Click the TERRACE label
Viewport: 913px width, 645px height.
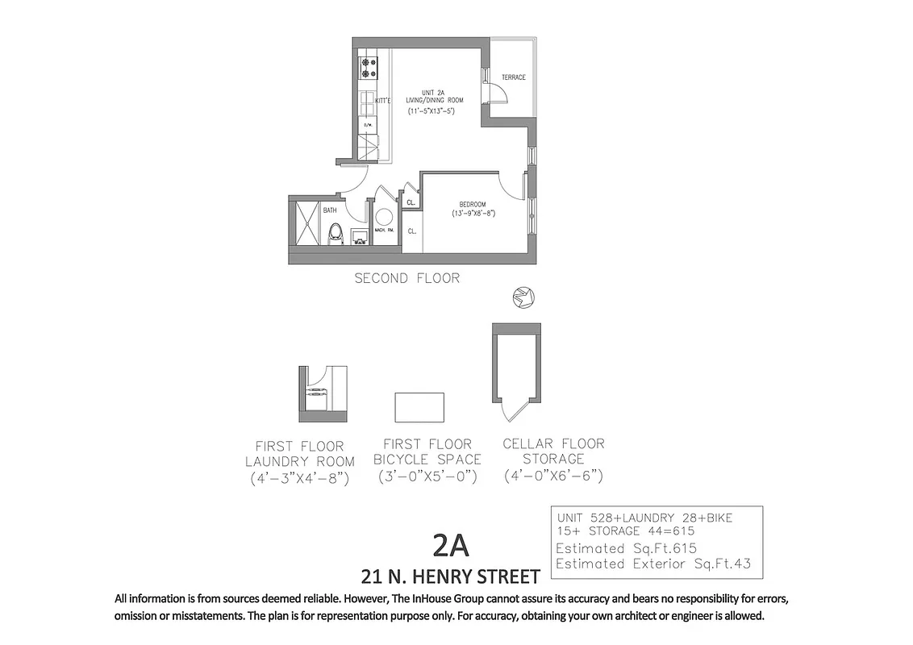pyautogui.click(x=513, y=77)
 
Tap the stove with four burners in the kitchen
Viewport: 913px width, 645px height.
pyautogui.click(x=369, y=68)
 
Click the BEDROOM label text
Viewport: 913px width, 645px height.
pyautogui.click(x=470, y=203)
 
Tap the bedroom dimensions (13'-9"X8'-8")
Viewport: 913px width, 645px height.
pyautogui.click(x=473, y=214)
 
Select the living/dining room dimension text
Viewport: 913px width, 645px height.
pyautogui.click(x=431, y=110)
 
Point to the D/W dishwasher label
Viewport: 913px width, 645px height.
pyautogui.click(x=368, y=125)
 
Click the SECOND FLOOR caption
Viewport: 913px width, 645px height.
pyautogui.click(x=407, y=278)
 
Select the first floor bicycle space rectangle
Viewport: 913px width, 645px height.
pyautogui.click(x=419, y=407)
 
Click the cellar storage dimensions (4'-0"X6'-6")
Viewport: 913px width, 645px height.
pyautogui.click(x=553, y=476)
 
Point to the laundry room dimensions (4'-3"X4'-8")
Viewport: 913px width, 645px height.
pyautogui.click(x=299, y=478)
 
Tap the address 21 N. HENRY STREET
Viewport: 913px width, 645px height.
pyautogui.click(x=449, y=576)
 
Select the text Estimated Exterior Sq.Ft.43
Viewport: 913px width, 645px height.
pyautogui.click(x=652, y=564)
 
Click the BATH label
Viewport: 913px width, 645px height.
pyautogui.click(x=330, y=210)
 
